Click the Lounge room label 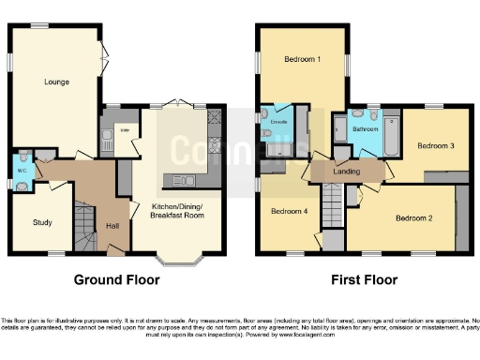coord(55,82)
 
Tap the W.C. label coord(21,171)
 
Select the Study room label coord(41,222)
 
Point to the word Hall coord(112,226)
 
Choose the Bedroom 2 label coord(413,218)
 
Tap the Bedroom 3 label coord(436,146)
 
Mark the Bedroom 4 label coord(290,211)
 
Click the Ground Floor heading coord(117,279)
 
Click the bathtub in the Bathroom coord(393,132)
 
